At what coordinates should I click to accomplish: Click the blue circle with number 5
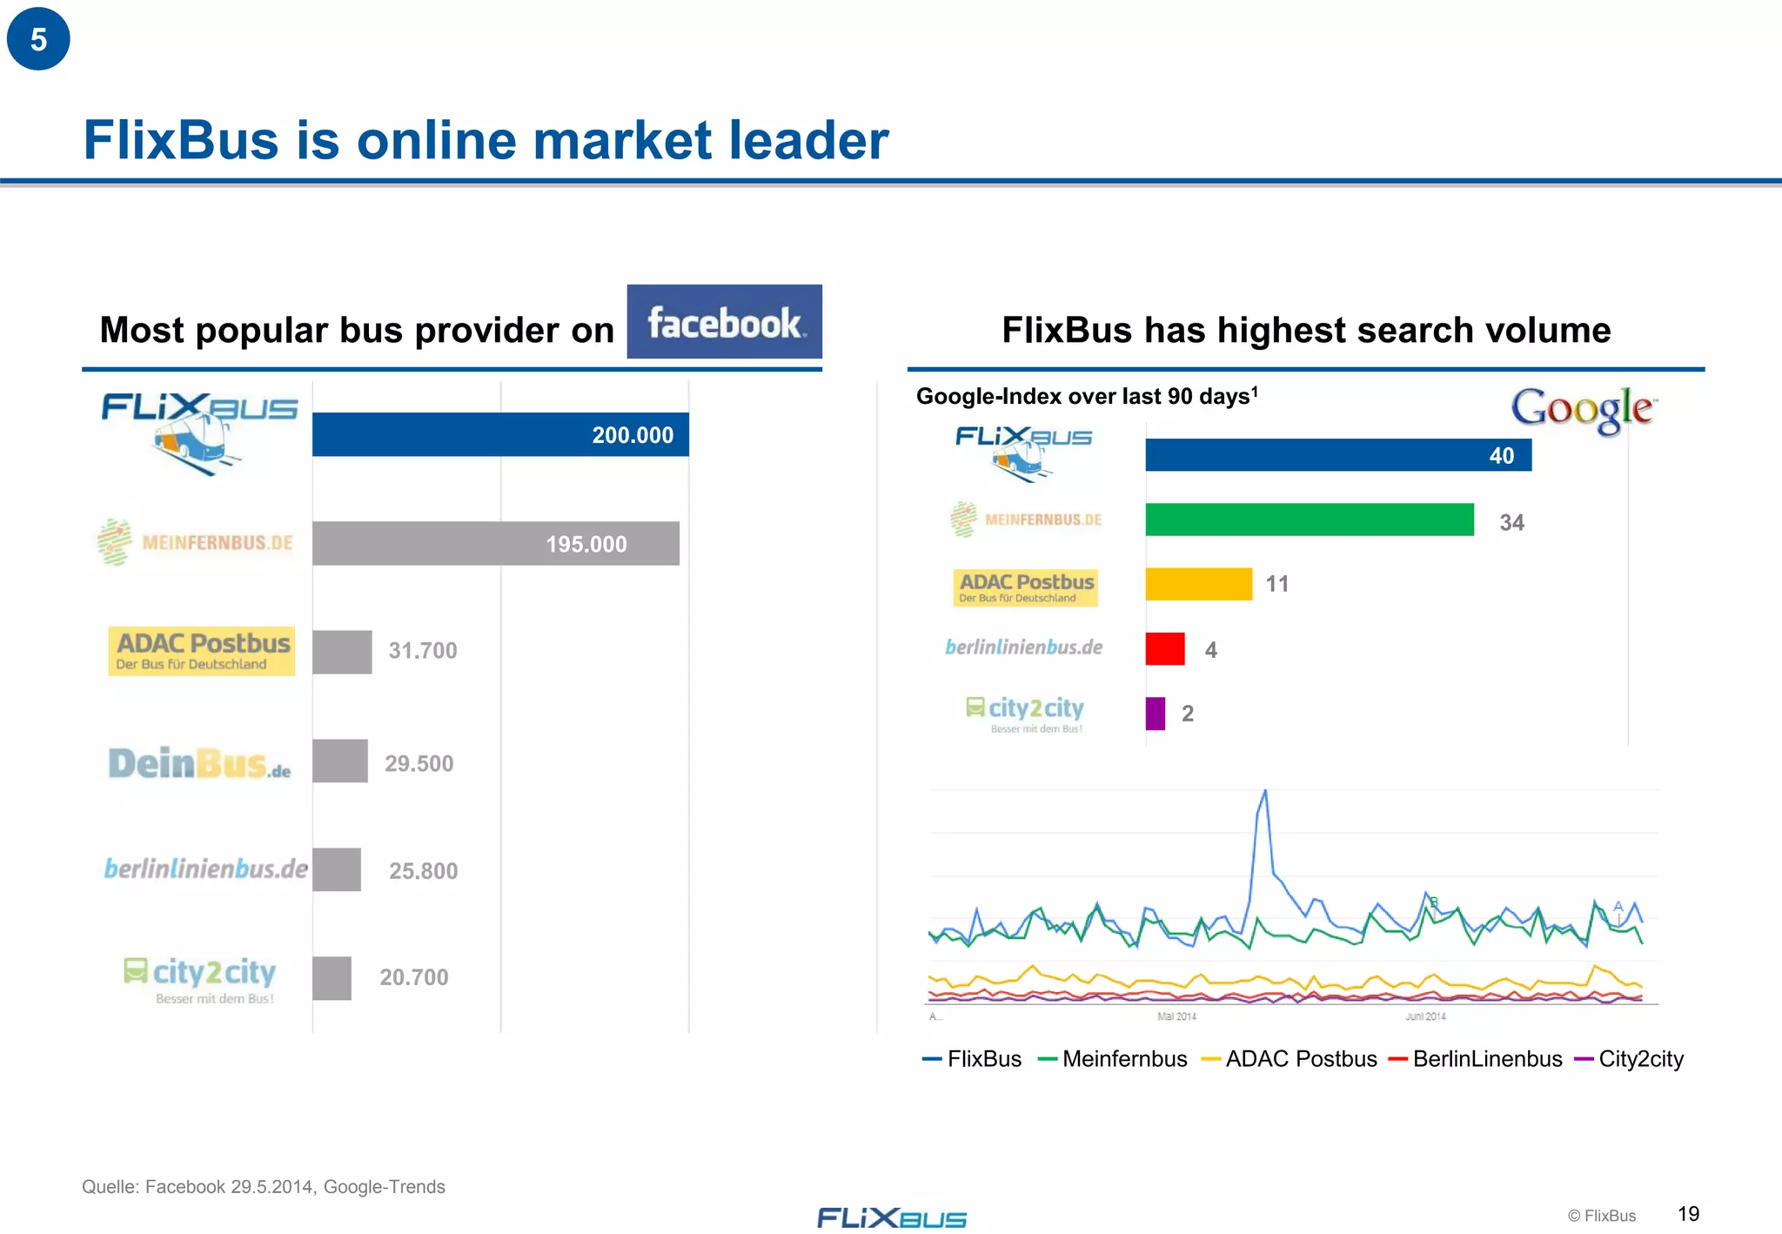38,39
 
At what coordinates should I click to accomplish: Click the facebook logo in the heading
724,322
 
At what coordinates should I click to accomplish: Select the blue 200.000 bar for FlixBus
500,434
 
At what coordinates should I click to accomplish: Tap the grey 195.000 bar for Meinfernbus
495,543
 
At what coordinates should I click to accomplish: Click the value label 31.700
422,651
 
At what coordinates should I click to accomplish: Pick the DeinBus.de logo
199,763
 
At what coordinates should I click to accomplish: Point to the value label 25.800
423,871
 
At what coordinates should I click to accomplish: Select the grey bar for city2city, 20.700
332,978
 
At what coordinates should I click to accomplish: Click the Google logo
1582,409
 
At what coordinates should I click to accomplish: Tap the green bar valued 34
1309,520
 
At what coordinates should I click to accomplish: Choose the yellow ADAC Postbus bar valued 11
1198,584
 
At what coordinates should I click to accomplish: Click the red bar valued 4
1164,649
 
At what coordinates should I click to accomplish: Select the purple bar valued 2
1155,714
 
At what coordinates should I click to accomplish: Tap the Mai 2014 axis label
1176,1016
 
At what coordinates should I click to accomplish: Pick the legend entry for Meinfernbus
1123,1059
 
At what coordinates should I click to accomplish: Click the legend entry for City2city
1639,1059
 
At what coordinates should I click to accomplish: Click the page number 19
1688,1214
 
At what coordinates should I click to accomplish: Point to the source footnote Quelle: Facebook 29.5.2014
263,1187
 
